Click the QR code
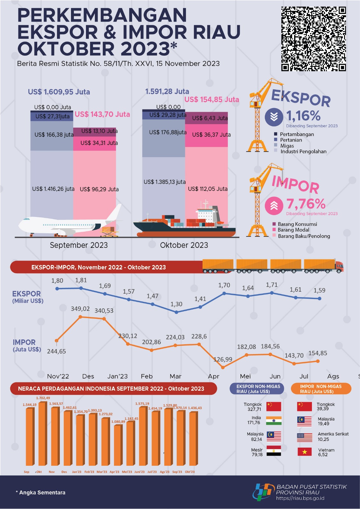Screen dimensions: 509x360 pyautogui.click(x=313, y=38)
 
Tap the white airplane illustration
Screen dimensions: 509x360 pyautogui.click(x=68, y=224)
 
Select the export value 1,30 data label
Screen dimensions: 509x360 pyautogui.click(x=176, y=304)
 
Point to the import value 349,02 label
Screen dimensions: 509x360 pyautogui.click(x=80, y=309)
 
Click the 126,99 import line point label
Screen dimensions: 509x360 pyautogui.click(x=223, y=359)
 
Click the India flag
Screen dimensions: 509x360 pyautogui.click(x=274, y=421)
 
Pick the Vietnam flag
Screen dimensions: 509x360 pyautogui.click(x=305, y=452)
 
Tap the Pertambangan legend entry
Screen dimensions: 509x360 pyautogui.click(x=297, y=134)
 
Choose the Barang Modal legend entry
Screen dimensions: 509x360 pyautogui.click(x=293, y=230)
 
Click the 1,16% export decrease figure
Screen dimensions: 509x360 pyautogui.click(x=303, y=116)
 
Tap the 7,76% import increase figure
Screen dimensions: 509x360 pyautogui.click(x=306, y=204)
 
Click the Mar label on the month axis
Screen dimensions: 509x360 pyautogui.click(x=175, y=376)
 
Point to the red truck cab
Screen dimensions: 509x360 pyautogui.click(x=339, y=267)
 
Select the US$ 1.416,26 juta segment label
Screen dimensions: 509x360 pyautogui.click(x=53, y=189)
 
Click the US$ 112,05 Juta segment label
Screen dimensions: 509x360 pyautogui.click(x=208, y=189)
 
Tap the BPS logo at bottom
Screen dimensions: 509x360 pyautogui.click(x=263, y=492)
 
